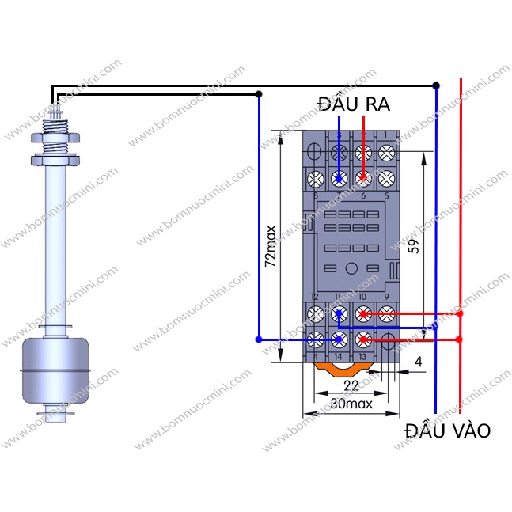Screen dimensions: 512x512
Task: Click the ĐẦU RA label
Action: [x=354, y=104]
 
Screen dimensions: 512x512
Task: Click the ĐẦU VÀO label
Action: [x=447, y=430]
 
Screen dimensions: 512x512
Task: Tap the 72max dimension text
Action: [x=271, y=245]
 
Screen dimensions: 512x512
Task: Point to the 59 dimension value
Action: [x=411, y=245]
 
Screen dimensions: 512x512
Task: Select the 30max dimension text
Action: [x=351, y=403]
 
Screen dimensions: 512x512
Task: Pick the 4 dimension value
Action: [x=418, y=363]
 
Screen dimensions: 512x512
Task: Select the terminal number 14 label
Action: [x=339, y=357]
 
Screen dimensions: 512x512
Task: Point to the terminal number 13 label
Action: [x=363, y=357]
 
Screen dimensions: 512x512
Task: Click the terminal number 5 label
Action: [x=387, y=195]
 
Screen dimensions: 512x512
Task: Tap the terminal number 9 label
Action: [x=387, y=296]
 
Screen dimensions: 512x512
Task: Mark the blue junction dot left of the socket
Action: [x=258, y=339]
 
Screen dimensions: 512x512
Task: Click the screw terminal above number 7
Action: [x=339, y=177]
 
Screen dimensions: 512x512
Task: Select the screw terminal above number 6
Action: [x=363, y=177]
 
